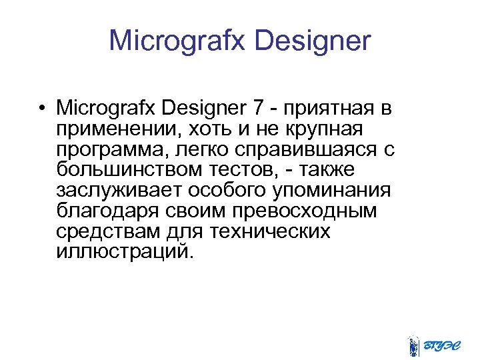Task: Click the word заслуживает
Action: [119, 191]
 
